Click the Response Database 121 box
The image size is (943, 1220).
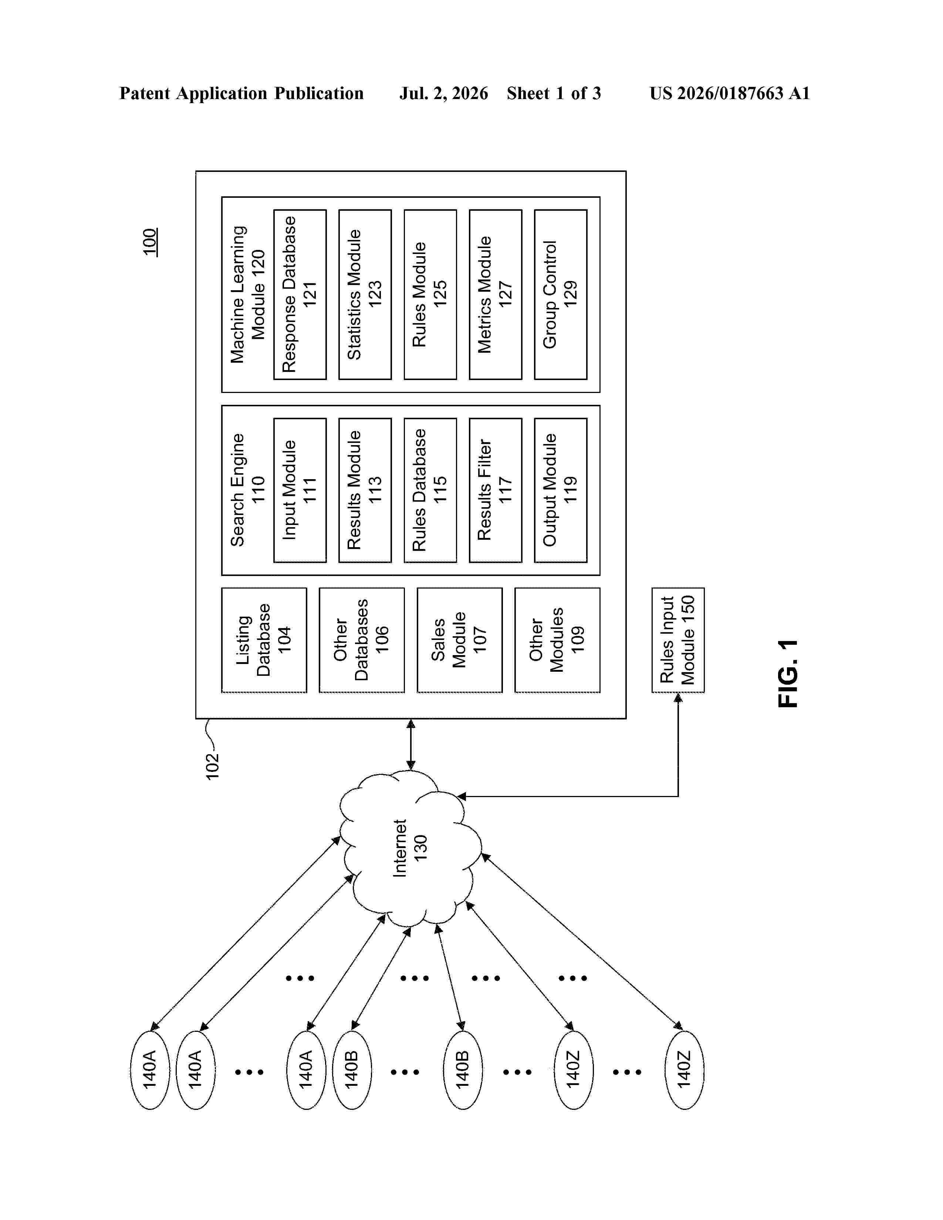300,294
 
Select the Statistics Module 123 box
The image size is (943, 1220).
365,294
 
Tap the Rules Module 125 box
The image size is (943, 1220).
430,294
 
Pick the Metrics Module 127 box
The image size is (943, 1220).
496,294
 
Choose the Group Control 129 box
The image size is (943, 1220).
561,294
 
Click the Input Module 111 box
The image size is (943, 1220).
300,490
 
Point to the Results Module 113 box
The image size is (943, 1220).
365,490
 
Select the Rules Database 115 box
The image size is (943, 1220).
430,490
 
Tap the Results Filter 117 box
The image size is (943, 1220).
496,490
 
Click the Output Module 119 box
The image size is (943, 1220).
561,490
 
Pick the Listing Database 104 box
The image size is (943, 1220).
264,640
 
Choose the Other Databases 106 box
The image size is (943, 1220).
362,640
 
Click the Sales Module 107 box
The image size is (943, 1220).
460,640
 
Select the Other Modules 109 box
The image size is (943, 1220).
558,640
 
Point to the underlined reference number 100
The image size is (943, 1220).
150,242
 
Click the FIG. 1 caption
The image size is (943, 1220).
788,674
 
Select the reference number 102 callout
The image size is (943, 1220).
212,766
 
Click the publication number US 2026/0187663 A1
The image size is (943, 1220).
730,93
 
